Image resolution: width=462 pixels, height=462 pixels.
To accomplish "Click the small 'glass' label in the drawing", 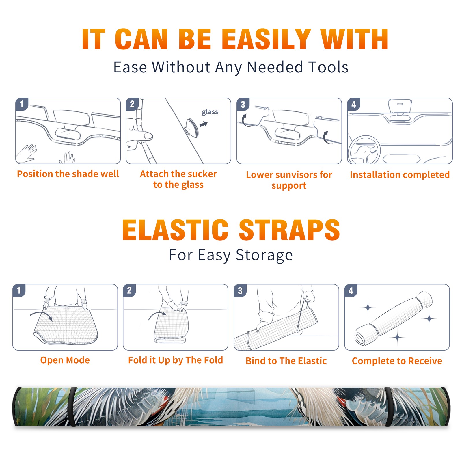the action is pyautogui.click(x=210, y=112).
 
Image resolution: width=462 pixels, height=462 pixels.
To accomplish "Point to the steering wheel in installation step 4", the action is pyautogui.click(x=364, y=150).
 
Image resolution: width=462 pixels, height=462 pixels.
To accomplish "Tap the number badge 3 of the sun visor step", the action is pyautogui.click(x=243, y=104).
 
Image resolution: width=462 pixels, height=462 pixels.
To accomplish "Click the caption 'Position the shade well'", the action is pyautogui.click(x=68, y=174).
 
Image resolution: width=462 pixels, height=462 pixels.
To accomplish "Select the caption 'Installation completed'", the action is pyautogui.click(x=400, y=175).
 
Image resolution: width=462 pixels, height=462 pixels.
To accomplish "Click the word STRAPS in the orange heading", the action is pyautogui.click(x=289, y=230).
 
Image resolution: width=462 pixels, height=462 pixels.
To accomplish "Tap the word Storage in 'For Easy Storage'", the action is pyautogui.click(x=264, y=255).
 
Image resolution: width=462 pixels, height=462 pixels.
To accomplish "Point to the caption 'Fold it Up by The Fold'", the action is pyautogui.click(x=176, y=360).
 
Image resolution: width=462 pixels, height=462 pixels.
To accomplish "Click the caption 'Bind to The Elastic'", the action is pyautogui.click(x=286, y=361).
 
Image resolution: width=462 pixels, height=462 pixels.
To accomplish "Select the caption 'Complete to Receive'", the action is pyautogui.click(x=397, y=361).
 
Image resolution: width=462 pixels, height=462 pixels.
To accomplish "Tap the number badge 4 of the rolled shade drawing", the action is pyautogui.click(x=351, y=290).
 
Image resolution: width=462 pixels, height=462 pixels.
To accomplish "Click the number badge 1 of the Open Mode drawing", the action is pyautogui.click(x=19, y=290).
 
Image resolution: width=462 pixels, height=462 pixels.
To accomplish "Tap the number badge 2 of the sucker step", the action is pyautogui.click(x=132, y=104).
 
